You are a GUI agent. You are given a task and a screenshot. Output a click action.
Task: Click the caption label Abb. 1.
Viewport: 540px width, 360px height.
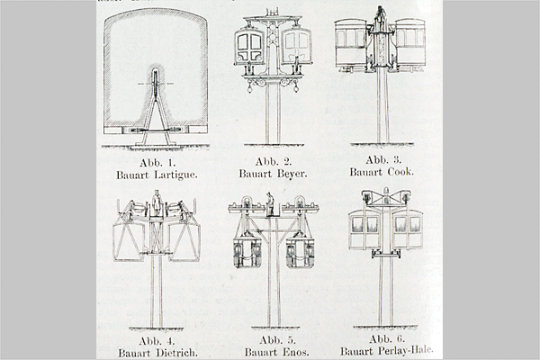click(157, 163)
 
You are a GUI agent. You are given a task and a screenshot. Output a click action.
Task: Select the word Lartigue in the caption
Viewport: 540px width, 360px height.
click(175, 175)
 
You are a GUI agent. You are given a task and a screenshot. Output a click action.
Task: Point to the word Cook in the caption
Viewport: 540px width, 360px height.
click(400, 172)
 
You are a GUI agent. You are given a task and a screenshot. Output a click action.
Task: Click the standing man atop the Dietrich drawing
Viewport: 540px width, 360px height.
click(157, 202)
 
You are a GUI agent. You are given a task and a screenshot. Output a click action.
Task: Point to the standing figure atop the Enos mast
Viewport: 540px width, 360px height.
click(270, 203)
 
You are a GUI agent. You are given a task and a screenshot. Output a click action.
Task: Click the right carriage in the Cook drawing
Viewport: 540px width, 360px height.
click(409, 44)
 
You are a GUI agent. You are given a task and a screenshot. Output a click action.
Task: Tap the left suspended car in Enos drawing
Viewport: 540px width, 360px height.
click(247, 250)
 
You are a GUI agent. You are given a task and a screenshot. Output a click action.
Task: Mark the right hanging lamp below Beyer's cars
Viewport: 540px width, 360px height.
click(296, 86)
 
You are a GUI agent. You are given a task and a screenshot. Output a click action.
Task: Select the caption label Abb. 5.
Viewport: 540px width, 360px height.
click(277, 340)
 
